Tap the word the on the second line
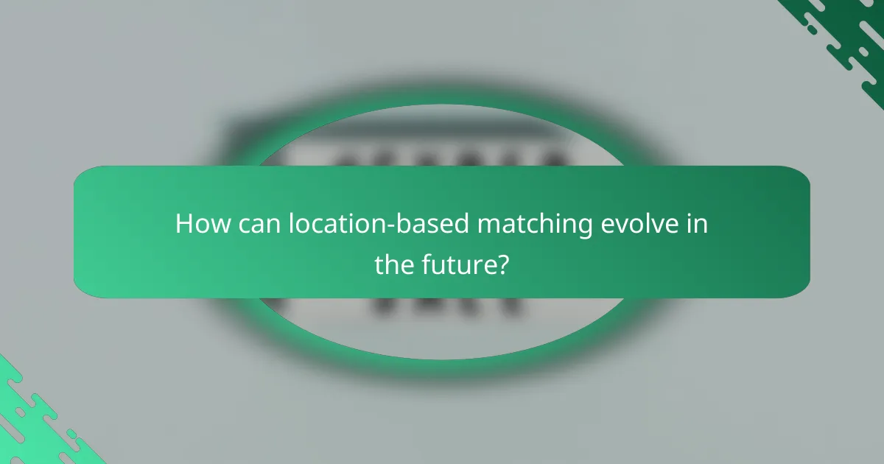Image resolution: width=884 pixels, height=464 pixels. (394, 264)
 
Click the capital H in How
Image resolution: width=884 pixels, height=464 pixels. (184, 224)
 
